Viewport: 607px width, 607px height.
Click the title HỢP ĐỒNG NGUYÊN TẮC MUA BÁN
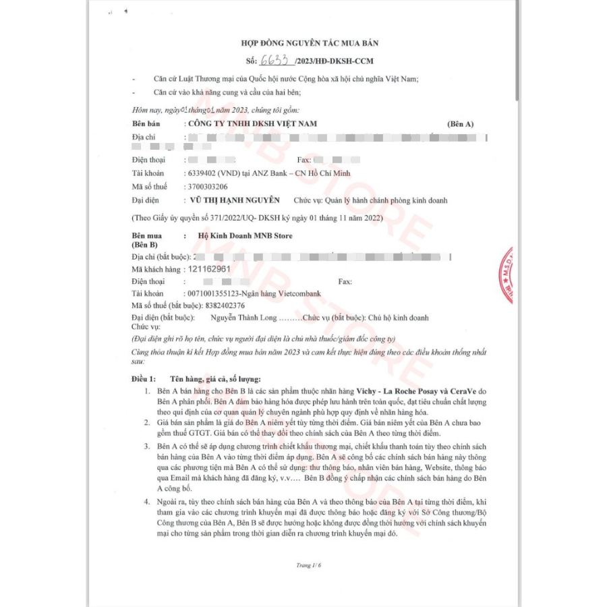click(x=314, y=43)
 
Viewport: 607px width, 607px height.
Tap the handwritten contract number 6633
click(x=275, y=61)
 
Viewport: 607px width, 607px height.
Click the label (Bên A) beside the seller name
click(x=461, y=125)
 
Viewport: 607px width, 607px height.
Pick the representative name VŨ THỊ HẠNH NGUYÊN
click(x=235, y=200)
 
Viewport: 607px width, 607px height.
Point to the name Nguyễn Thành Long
click(x=243, y=318)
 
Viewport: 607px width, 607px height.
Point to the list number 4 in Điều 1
click(x=146, y=503)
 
